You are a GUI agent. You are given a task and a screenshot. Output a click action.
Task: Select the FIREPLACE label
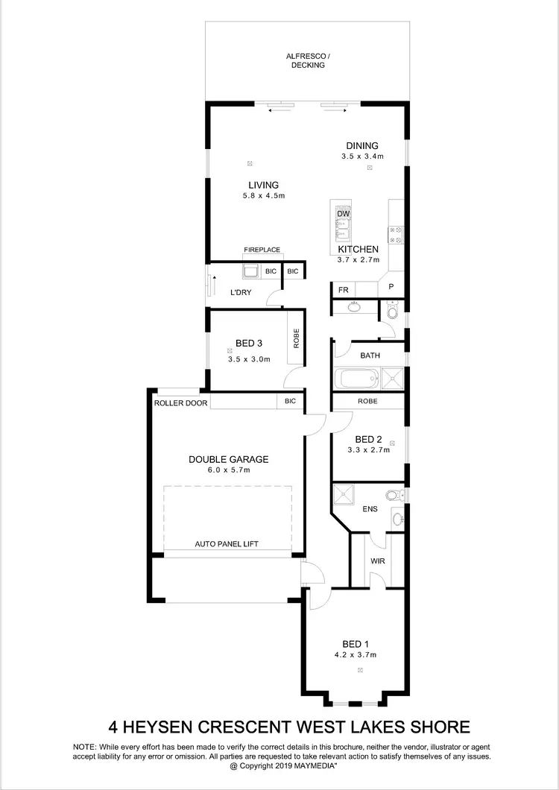pyautogui.click(x=262, y=250)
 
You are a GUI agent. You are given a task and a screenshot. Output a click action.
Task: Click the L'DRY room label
pyautogui.click(x=240, y=293)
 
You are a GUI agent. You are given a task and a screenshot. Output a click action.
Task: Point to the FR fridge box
pyautogui.click(x=344, y=290)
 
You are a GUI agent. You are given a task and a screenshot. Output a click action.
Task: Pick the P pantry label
pyautogui.click(x=391, y=287)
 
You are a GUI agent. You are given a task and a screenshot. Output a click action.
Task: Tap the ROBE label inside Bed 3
pyautogui.click(x=296, y=340)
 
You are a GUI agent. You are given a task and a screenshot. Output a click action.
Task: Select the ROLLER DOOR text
pyautogui.click(x=181, y=402)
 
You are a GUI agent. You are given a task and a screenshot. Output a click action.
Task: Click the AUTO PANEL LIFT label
pyautogui.click(x=227, y=545)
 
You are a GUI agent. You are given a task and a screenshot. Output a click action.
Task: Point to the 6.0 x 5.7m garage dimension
pyautogui.click(x=228, y=470)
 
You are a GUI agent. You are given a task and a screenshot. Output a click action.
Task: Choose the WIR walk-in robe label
pyautogui.click(x=377, y=561)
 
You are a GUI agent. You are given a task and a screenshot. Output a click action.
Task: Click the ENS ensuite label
pyautogui.click(x=369, y=509)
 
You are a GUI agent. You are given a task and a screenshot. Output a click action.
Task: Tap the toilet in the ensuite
pyautogui.click(x=393, y=495)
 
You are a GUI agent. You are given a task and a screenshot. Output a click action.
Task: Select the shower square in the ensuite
pyautogui.click(x=344, y=493)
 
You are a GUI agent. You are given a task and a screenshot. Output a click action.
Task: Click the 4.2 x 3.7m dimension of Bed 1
pyautogui.click(x=355, y=655)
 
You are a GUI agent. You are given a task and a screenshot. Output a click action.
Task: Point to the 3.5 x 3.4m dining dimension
pyautogui.click(x=362, y=157)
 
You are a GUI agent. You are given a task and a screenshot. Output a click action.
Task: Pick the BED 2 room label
pyautogui.click(x=368, y=439)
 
